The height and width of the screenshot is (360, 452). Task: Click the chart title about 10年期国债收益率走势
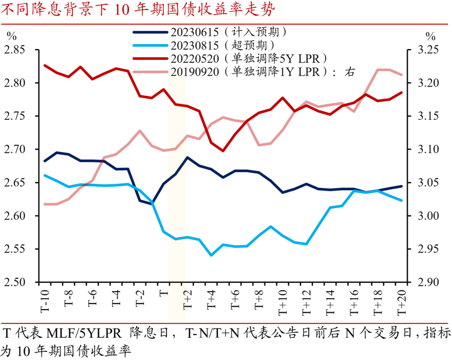tap(140, 9)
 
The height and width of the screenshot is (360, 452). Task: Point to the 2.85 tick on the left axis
tap(16, 50)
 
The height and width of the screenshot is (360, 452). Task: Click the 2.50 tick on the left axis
tap(16, 282)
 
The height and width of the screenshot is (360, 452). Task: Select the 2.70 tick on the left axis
tap(16, 150)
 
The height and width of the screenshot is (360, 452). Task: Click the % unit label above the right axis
tap(431, 36)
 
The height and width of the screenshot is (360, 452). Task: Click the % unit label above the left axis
tap(11, 36)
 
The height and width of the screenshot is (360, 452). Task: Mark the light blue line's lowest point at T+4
tap(211, 255)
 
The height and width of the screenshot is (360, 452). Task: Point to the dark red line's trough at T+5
tap(223, 151)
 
